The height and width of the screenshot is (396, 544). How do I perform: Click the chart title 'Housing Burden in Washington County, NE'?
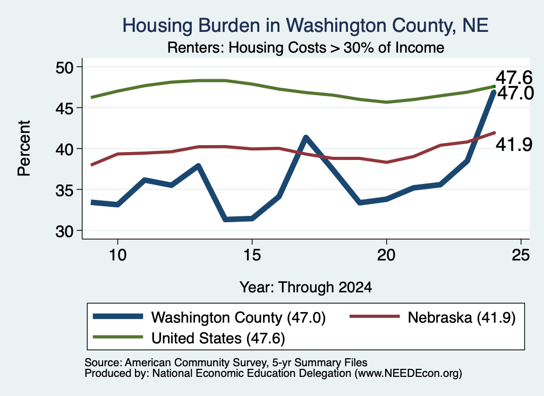[305, 26]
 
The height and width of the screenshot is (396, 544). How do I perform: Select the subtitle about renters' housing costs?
[305, 47]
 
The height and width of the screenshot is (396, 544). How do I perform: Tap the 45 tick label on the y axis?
[65, 108]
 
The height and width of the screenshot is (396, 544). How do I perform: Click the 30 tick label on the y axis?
[65, 231]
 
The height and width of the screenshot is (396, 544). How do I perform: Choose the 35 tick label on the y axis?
[65, 190]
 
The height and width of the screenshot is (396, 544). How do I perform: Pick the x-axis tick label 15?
[252, 255]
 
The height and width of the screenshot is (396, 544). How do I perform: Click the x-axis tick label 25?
[521, 255]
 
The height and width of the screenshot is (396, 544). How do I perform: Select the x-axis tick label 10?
[117, 255]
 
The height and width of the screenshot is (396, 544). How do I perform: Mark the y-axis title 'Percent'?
[24, 148]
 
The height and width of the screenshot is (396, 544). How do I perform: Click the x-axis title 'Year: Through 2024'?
[305, 288]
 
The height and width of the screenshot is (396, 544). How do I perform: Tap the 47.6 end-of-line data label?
[514, 78]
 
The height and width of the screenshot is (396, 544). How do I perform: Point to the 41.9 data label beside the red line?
[514, 145]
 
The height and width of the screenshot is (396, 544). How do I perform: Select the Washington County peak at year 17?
[305, 138]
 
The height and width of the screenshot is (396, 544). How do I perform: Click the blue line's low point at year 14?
[225, 219]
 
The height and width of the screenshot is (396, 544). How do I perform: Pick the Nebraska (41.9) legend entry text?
[462, 317]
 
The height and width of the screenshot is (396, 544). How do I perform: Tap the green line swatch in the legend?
[118, 337]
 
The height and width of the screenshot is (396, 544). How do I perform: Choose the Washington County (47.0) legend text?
[239, 317]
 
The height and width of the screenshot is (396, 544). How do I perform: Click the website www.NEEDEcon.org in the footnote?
[408, 374]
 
